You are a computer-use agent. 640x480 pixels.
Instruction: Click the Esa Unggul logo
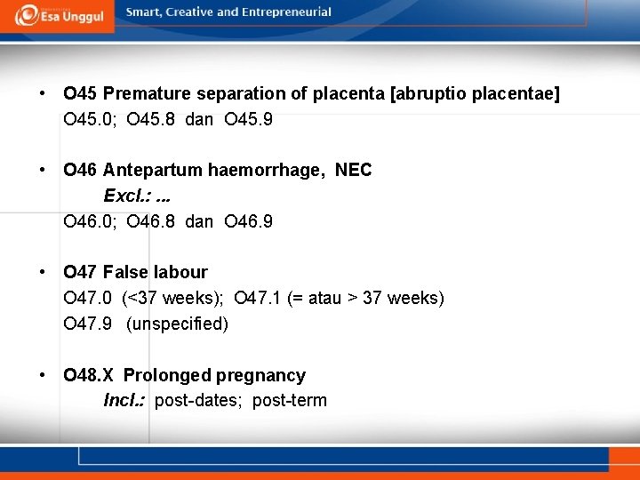pyautogui.click(x=58, y=15)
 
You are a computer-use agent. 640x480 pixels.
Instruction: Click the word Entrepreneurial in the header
pyautogui.click(x=286, y=12)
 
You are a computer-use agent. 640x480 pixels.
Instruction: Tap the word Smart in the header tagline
pyautogui.click(x=145, y=12)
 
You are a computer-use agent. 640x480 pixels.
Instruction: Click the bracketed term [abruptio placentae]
pyautogui.click(x=476, y=93)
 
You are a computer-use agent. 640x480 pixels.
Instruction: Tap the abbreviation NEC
pyautogui.click(x=353, y=170)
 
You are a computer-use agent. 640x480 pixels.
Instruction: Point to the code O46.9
pyautogui.click(x=249, y=221)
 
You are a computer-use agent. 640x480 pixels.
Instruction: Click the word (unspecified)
pyautogui.click(x=177, y=324)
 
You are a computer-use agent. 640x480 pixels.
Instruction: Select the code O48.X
pyautogui.click(x=89, y=375)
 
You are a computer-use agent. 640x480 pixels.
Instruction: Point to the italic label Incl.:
pyautogui.click(x=125, y=401)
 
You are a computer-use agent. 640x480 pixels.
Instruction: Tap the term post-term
pyautogui.click(x=290, y=401)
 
